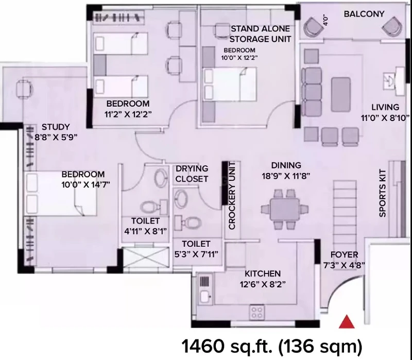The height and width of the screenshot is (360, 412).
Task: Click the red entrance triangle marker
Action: (347, 322)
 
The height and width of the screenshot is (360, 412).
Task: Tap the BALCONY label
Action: (364, 14)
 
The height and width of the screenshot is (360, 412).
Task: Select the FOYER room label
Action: (344, 254)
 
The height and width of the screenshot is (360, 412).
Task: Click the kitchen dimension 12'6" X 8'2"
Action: (263, 284)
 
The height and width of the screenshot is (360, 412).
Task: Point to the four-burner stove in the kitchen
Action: (256, 312)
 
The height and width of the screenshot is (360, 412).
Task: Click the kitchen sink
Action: (205, 297)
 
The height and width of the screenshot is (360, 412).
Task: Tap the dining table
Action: (285, 209)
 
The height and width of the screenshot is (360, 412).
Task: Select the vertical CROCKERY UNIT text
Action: (232, 196)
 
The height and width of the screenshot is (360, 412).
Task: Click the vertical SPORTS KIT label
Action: (383, 193)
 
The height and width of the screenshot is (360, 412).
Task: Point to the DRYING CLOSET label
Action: (192, 174)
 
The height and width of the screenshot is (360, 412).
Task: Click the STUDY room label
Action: (56, 127)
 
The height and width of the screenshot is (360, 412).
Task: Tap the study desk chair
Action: (24, 89)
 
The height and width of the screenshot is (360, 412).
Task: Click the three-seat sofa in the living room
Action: (312, 92)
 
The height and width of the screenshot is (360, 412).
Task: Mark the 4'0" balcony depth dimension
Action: (325, 20)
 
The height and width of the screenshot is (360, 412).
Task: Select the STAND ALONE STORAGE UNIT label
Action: (260, 34)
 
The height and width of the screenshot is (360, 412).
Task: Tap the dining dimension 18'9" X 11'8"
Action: (286, 176)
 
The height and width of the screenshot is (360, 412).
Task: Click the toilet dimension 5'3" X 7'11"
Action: (196, 254)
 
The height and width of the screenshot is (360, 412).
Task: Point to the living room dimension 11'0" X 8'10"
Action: (385, 118)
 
